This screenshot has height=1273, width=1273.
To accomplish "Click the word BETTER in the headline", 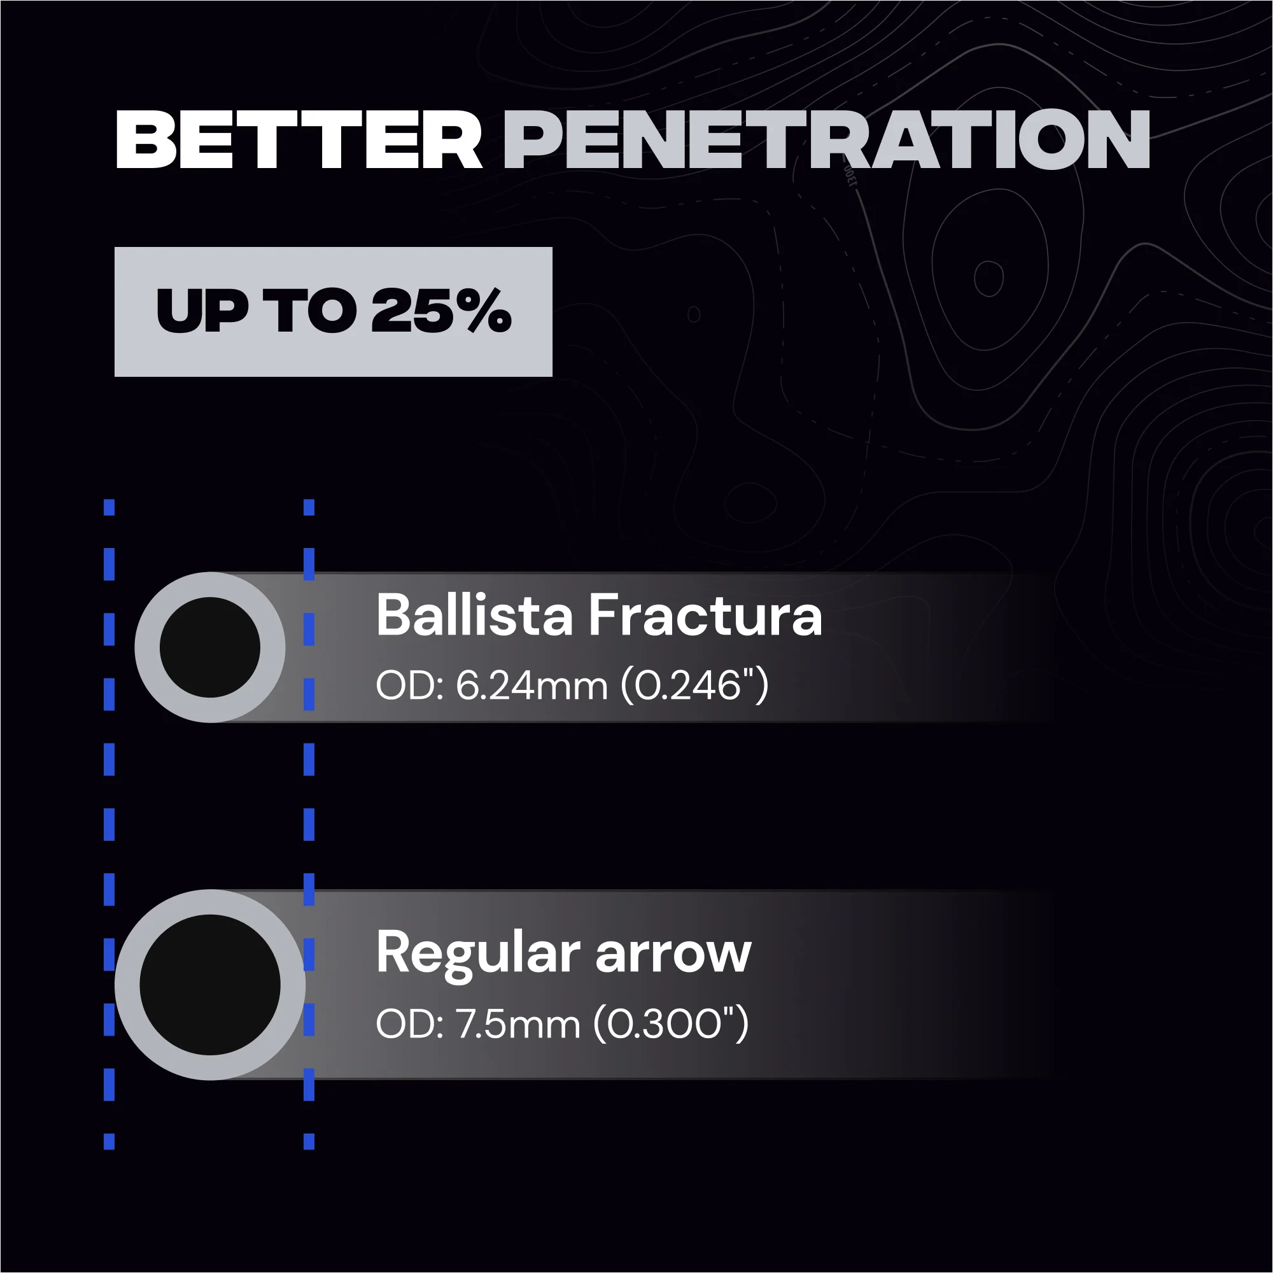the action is pyautogui.click(x=299, y=139).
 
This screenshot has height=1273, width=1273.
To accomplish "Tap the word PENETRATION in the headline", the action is pyautogui.click(x=826, y=139).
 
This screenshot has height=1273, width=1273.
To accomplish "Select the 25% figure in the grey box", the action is pyautogui.click(x=441, y=311).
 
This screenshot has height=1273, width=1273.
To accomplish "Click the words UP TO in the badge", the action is pyautogui.click(x=257, y=311).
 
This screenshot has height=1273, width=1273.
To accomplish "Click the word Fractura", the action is pyautogui.click(x=705, y=615).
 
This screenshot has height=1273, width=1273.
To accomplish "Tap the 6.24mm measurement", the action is pyautogui.click(x=531, y=686).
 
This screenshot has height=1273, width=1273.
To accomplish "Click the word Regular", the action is pyautogui.click(x=479, y=953).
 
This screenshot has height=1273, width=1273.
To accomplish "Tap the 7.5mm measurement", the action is pyautogui.click(x=518, y=1024).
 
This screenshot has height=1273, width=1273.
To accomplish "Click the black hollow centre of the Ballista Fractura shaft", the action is pyautogui.click(x=210, y=647).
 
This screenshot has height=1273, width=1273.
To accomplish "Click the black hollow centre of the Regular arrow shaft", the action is pyautogui.click(x=210, y=985).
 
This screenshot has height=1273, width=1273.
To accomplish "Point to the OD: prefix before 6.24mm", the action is pyautogui.click(x=409, y=686).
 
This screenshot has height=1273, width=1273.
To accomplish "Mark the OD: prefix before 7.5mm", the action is pyautogui.click(x=409, y=1024).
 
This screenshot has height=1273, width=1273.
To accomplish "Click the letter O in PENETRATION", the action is pyautogui.click(x=1051, y=139).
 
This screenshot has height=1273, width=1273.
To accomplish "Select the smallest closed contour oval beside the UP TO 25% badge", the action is pyautogui.click(x=694, y=314).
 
